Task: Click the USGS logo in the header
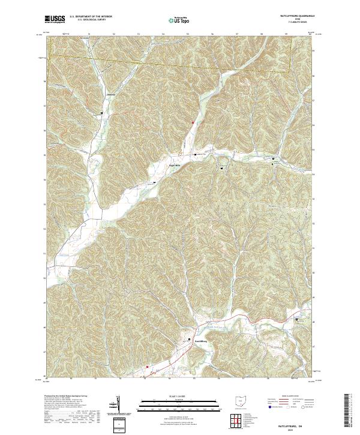point(55,20)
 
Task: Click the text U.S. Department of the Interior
point(91,17)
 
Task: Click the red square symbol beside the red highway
point(146,367)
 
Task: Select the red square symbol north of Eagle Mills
point(193,123)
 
